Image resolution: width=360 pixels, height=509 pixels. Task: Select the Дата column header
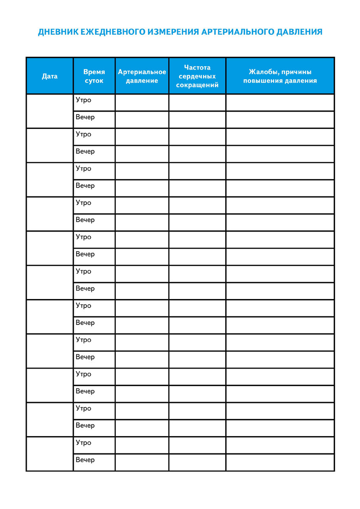tap(50, 76)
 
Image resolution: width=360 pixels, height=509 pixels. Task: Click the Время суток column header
tap(94, 76)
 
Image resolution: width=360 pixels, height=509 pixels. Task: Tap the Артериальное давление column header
tap(142, 76)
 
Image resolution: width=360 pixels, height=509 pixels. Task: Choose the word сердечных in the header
tap(197, 76)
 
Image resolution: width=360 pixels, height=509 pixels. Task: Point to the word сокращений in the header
tap(197, 85)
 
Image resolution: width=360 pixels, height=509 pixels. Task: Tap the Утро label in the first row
tap(84, 100)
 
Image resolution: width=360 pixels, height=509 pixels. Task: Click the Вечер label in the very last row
tap(85, 460)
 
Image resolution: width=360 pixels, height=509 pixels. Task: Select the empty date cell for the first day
tap(50, 111)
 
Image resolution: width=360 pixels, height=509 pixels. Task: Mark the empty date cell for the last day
tap(50, 454)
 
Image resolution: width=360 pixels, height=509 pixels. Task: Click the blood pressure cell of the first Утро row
tap(142, 102)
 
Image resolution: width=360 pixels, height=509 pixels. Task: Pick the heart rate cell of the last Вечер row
tap(197, 462)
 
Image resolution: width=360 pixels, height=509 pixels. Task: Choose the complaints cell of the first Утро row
tap(280, 102)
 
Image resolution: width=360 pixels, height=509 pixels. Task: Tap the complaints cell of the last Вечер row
tap(280, 462)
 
